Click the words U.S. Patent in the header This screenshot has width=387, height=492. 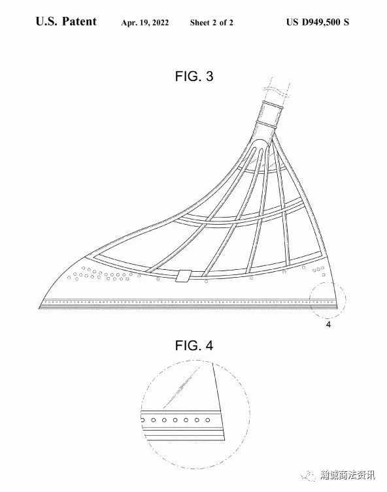[x=66, y=22]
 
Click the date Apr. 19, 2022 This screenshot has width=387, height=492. [x=145, y=23]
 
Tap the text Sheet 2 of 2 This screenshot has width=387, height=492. [x=212, y=23]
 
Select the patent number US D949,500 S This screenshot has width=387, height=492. [x=317, y=22]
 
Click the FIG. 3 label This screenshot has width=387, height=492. [x=194, y=76]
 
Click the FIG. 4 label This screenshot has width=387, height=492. [x=194, y=346]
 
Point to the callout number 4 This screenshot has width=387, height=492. [x=328, y=325]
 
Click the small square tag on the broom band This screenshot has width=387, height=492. [x=183, y=276]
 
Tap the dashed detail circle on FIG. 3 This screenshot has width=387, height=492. [x=328, y=283]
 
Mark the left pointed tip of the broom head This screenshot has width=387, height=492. [x=39, y=308]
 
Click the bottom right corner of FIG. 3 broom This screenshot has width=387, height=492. [x=337, y=308]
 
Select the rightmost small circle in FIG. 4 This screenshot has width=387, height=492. [x=207, y=420]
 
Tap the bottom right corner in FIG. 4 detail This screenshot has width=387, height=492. [x=224, y=440]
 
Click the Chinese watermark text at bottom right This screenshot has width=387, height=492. [x=347, y=475]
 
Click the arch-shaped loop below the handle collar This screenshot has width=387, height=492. [x=260, y=148]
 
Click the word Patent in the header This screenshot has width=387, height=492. [x=79, y=22]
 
